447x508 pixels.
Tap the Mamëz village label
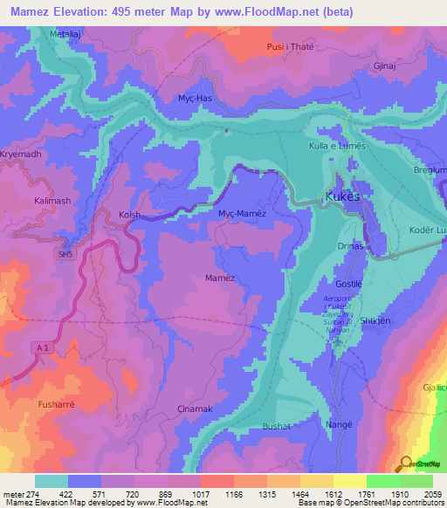(220, 277)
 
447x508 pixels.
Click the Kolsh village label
(129, 214)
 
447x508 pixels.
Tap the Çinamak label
(195, 408)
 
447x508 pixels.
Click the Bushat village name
(277, 426)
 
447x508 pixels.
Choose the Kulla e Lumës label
(336, 148)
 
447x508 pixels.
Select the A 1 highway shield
(43, 322)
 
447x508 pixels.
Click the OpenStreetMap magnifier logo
(405, 463)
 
